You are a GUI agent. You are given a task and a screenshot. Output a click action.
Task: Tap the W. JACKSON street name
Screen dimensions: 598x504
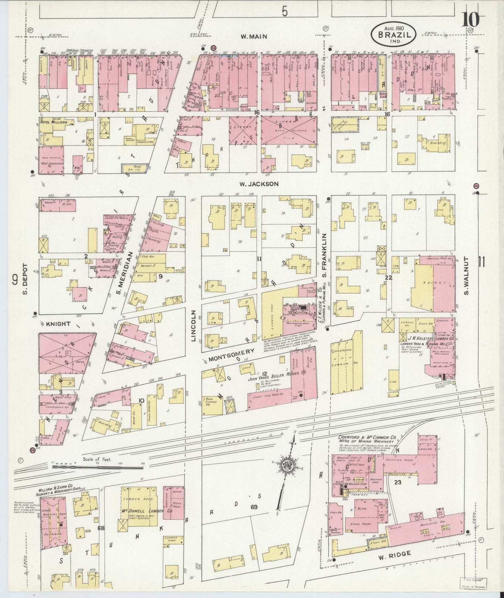pos(258,184)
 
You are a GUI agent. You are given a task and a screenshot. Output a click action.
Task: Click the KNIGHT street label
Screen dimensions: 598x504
pos(58,324)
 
